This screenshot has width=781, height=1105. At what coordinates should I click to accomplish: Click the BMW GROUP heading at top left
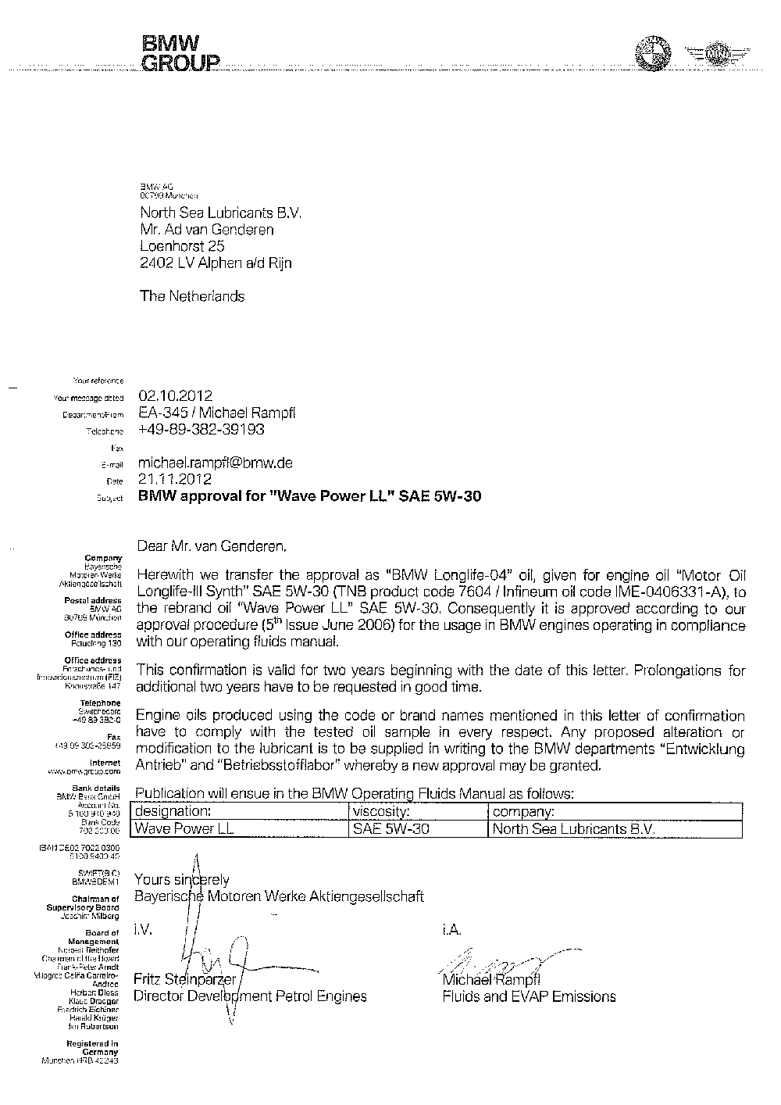pos(180,53)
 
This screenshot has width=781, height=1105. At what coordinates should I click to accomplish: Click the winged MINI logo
pos(716,54)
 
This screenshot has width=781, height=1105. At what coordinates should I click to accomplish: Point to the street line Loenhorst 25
pos(182,246)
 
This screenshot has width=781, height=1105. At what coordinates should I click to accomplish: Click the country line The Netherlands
pos(191,296)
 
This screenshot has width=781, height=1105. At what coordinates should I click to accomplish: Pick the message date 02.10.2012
pos(175,396)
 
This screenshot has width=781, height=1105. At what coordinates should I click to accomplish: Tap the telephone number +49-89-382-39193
pos(201,429)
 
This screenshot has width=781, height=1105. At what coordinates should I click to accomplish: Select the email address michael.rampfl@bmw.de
pos(215,462)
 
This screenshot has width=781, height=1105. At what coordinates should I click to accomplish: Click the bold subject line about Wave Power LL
pos(309,495)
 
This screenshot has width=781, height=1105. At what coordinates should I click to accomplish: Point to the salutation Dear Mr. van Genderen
pos(212,543)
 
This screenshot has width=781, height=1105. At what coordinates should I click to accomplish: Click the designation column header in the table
pos(173,812)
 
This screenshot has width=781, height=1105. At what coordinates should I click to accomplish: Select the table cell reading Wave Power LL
pos(184,828)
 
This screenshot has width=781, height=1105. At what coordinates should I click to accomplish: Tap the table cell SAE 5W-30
pos(391,828)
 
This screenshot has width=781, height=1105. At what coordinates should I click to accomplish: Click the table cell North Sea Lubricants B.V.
pos(574,828)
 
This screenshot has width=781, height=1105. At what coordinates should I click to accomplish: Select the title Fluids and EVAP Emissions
pos(529,996)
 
